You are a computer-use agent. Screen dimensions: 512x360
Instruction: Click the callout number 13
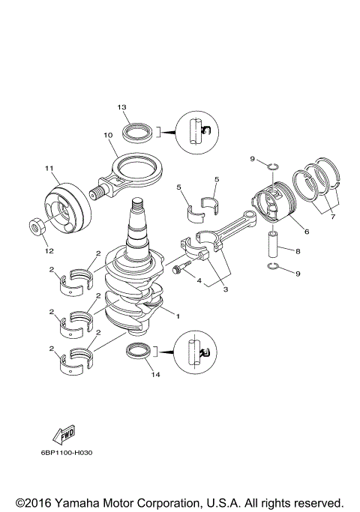click(x=121, y=108)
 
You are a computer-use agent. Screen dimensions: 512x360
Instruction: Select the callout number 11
click(x=49, y=168)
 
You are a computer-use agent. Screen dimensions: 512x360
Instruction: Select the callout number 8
click(x=298, y=253)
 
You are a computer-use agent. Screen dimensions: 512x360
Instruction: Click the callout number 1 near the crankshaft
click(x=178, y=316)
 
